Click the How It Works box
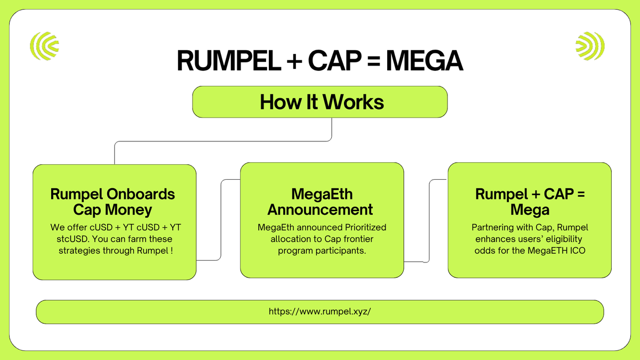pos(319,102)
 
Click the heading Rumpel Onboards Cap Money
pos(113,202)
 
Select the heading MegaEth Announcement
pos(322,201)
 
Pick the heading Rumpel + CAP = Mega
pos(530,201)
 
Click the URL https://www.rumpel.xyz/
pos(319,311)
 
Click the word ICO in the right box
pos(577,250)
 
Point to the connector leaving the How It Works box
pos(332,130)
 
